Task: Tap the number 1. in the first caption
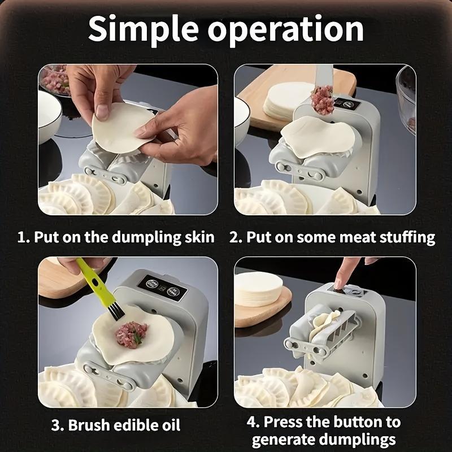23,237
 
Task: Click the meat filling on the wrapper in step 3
131,334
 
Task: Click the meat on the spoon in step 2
323,99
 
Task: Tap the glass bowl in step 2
407,96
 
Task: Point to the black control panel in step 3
163,287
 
